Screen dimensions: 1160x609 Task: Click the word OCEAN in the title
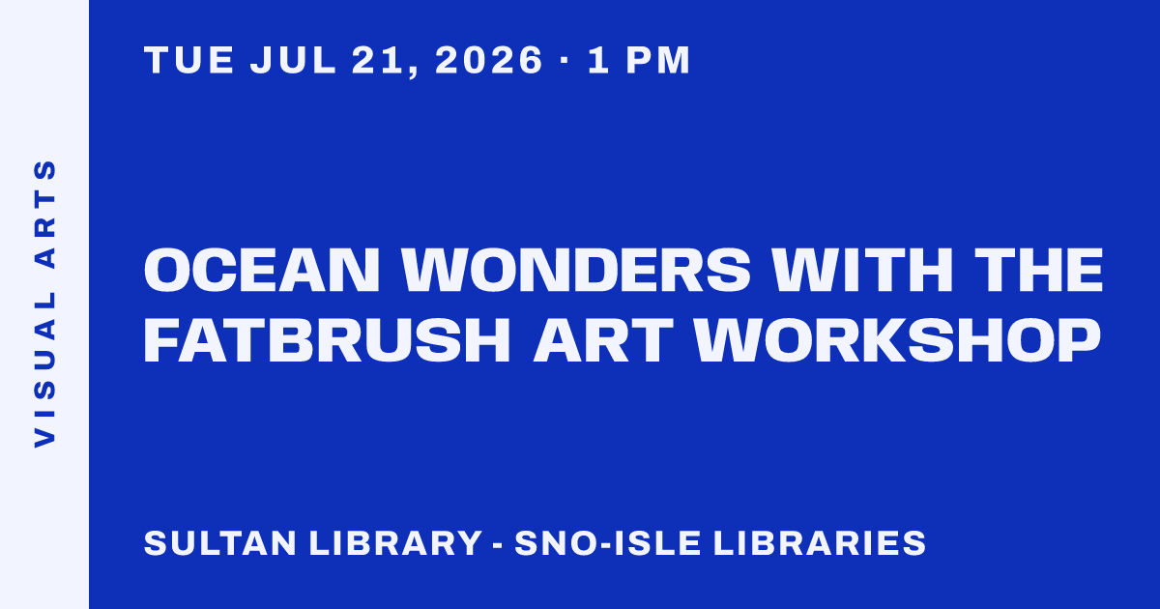pyautogui.click(x=262, y=271)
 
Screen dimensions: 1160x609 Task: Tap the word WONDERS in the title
pyautogui.click(x=576, y=271)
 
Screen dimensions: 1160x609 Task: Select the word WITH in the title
pyautogui.click(x=862, y=271)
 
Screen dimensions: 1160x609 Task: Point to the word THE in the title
pyautogui.click(x=1039, y=271)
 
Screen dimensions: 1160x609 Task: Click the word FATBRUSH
pyautogui.click(x=328, y=340)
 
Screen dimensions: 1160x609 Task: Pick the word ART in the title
pyautogui.click(x=603, y=340)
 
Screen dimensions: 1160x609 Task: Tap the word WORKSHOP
pyautogui.click(x=898, y=340)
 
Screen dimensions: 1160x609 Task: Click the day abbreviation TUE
pyautogui.click(x=189, y=60)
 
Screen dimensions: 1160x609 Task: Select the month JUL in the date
pyautogui.click(x=293, y=60)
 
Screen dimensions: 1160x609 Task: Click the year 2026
pyautogui.click(x=489, y=60)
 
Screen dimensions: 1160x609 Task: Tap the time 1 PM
pyautogui.click(x=639, y=60)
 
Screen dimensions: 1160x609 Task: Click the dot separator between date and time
pyautogui.click(x=565, y=61)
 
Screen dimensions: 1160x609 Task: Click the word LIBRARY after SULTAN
pyautogui.click(x=395, y=542)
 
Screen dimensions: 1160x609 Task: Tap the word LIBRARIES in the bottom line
pyautogui.click(x=820, y=542)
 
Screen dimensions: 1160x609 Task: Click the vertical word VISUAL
pyautogui.click(x=45, y=369)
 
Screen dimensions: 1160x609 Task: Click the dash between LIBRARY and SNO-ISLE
pyautogui.click(x=498, y=545)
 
